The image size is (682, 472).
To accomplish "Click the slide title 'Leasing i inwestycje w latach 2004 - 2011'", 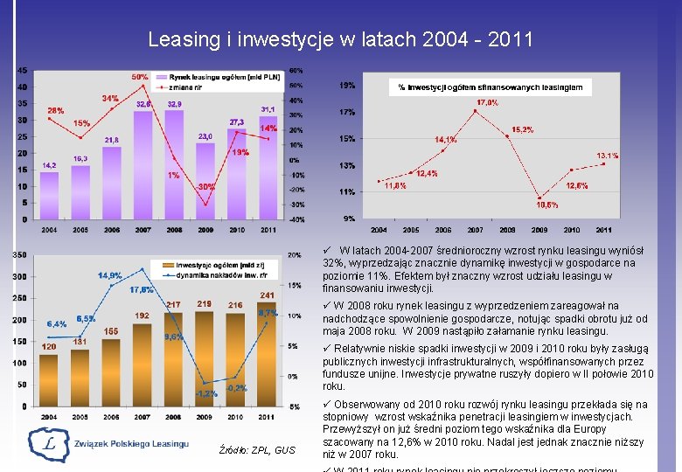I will [340, 39].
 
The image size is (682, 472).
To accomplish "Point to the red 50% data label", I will [140, 77].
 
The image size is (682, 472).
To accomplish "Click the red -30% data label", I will [205, 187].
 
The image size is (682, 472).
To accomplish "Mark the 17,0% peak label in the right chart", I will [487, 102].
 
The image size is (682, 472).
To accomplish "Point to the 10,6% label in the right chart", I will [547, 205].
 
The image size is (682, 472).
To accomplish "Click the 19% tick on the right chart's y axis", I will [347, 86].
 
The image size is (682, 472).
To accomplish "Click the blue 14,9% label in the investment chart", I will [110, 275].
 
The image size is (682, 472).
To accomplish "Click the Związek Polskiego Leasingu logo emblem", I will [49, 444].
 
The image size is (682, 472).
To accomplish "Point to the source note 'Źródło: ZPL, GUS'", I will [260, 450].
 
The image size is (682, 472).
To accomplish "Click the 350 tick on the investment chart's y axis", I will [17, 255].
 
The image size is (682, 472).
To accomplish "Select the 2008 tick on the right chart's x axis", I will [507, 230].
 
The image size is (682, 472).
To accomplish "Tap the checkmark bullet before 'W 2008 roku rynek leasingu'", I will [327, 306].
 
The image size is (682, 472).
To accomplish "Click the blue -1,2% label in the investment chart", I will [206, 393].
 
